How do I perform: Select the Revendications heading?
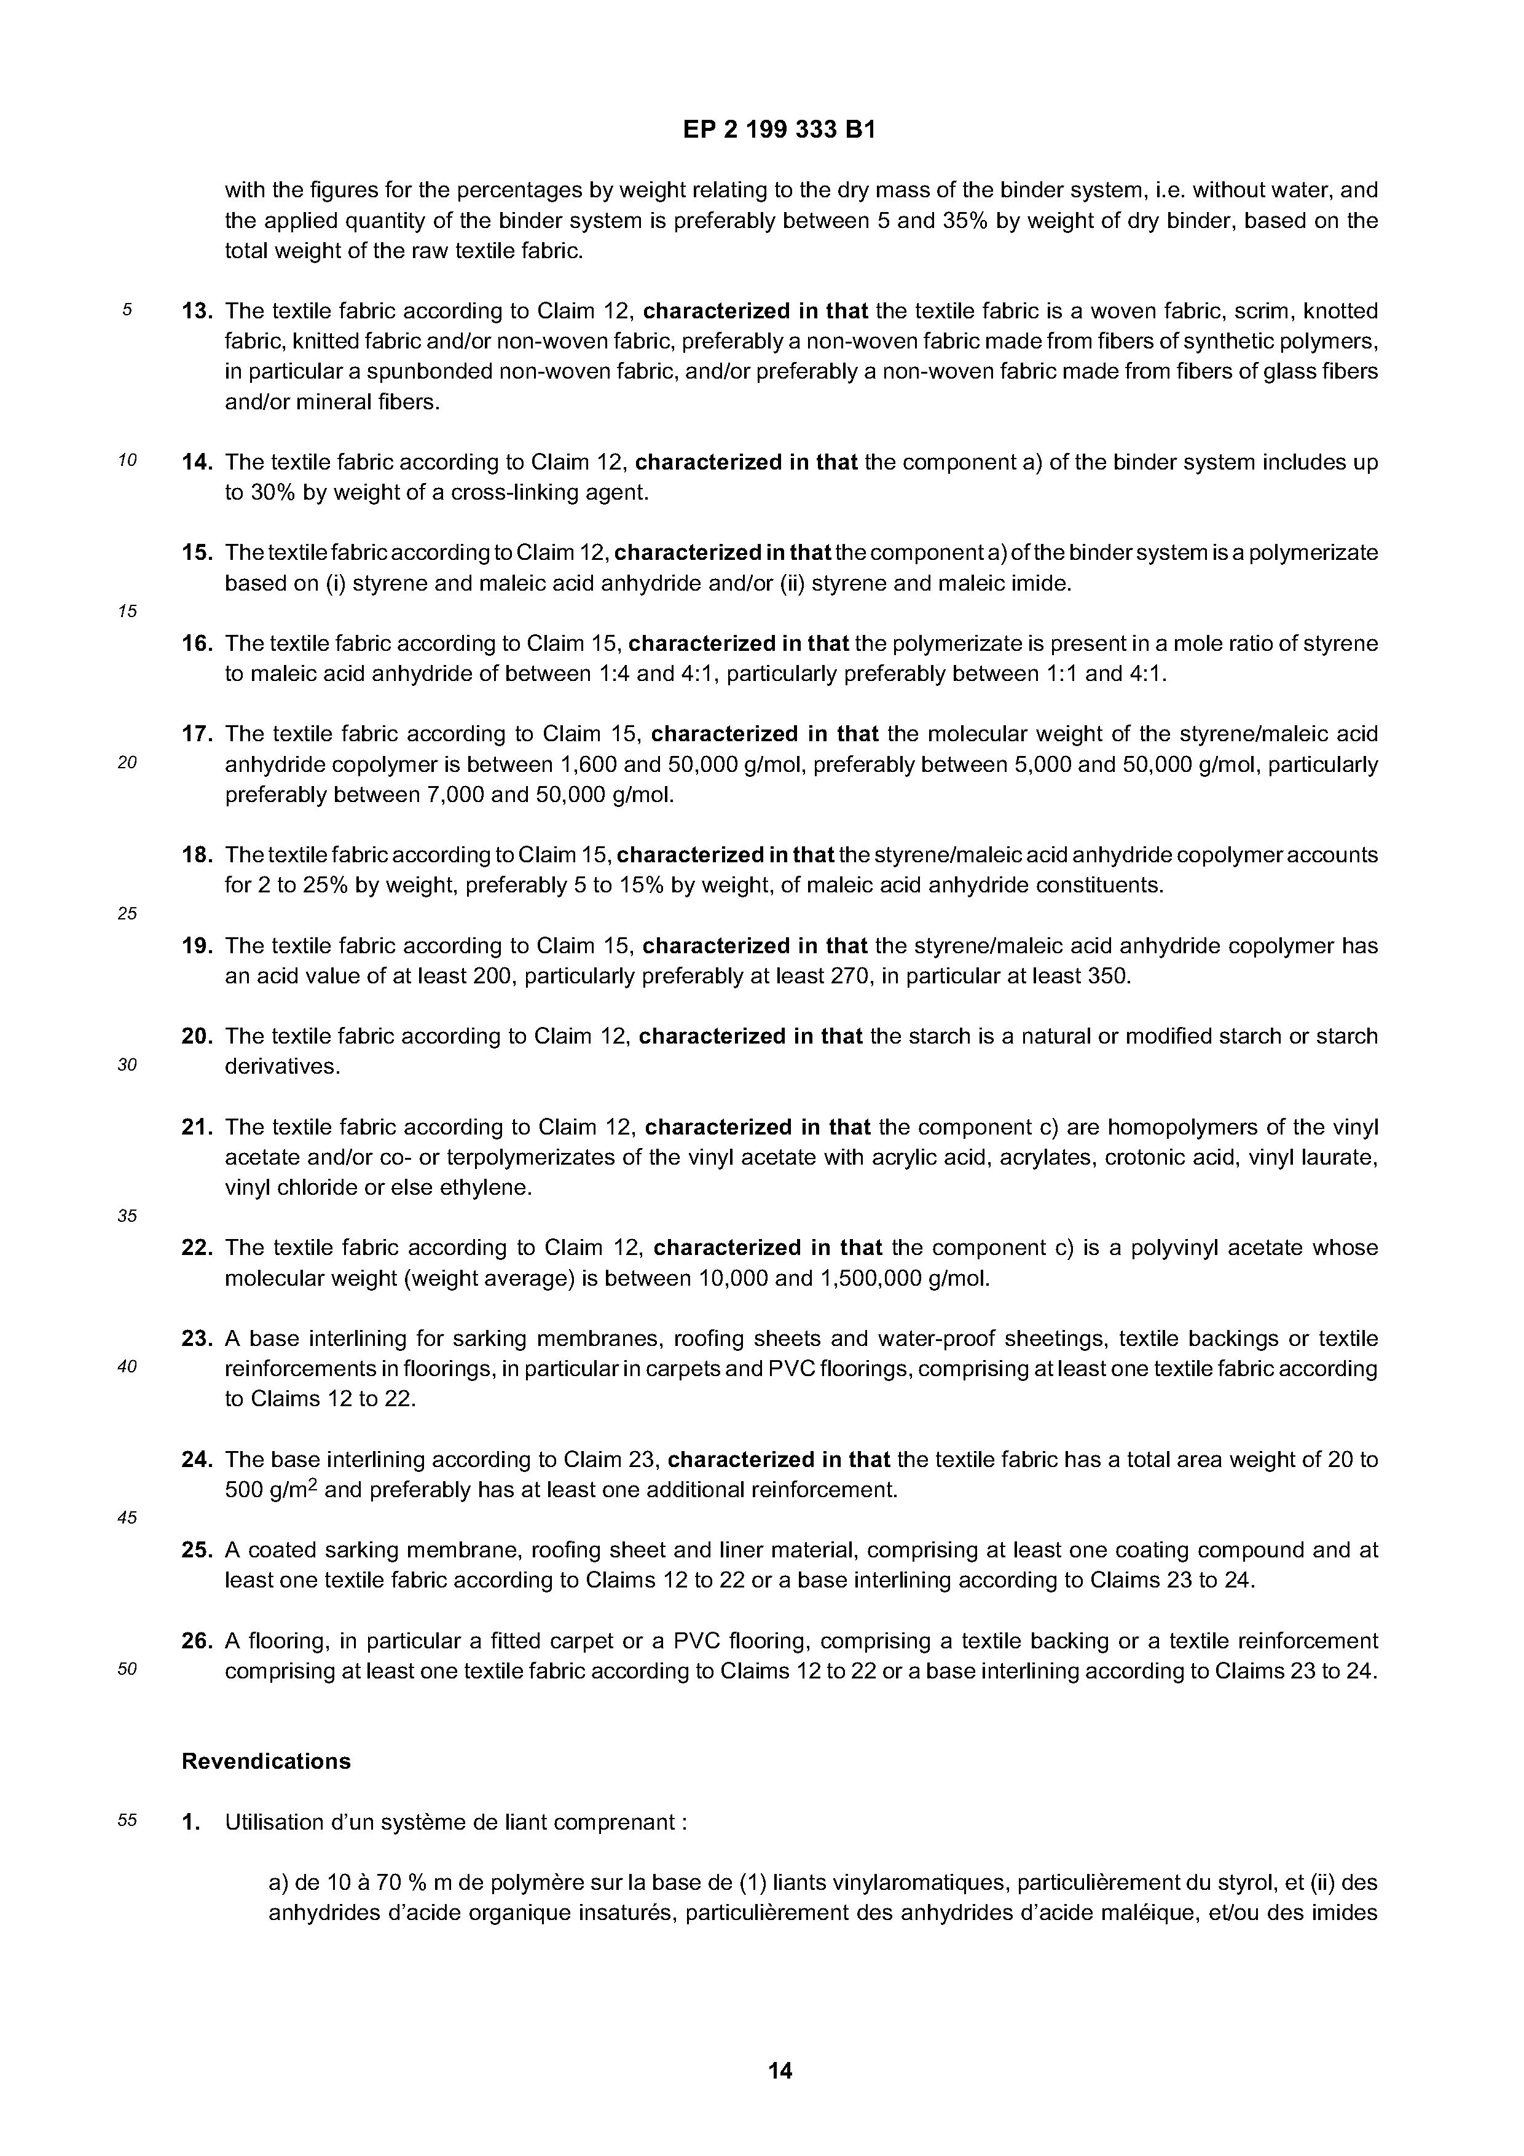[265, 1761]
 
